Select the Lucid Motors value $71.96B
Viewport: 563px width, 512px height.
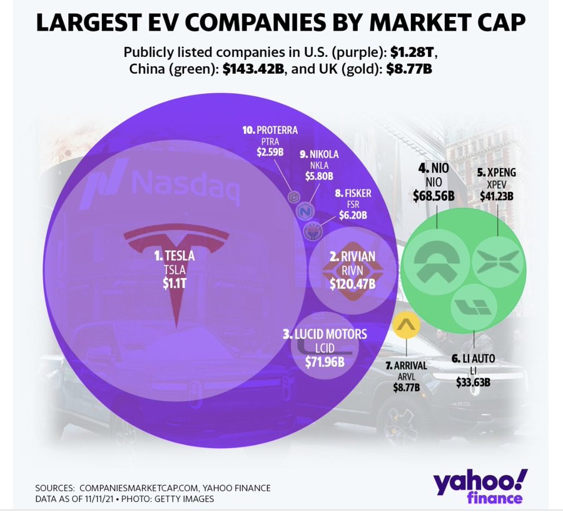pos(325,361)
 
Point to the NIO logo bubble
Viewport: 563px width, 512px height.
pos(436,260)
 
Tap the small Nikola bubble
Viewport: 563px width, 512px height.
pos(305,210)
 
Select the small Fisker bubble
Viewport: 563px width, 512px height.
pos(312,231)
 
